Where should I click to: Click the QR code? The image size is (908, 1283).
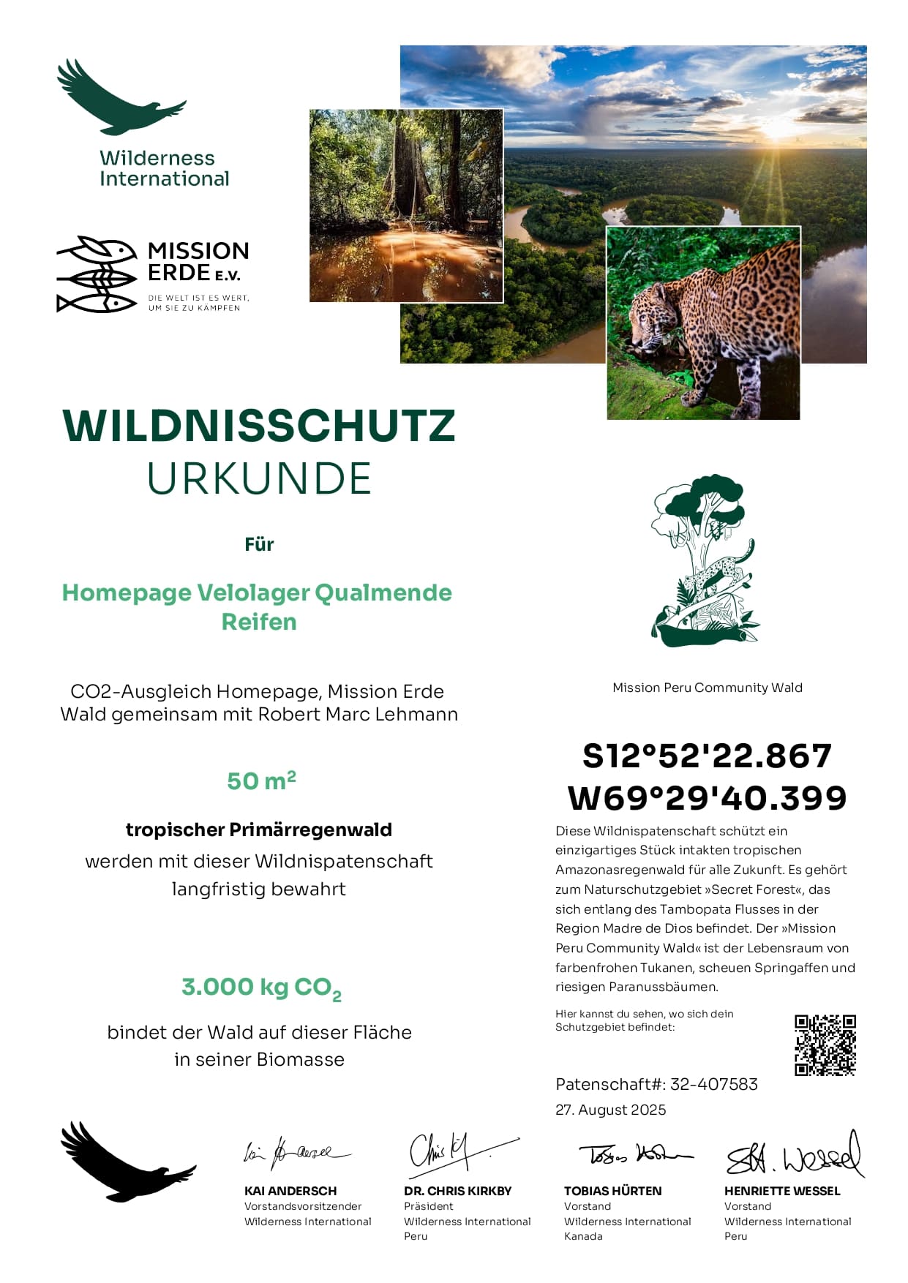pyautogui.click(x=825, y=1045)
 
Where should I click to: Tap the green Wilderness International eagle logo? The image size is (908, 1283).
pyautogui.click(x=121, y=99)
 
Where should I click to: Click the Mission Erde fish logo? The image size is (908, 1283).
pyautogui.click(x=97, y=274)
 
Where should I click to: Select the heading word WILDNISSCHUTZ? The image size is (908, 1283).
pyautogui.click(x=259, y=426)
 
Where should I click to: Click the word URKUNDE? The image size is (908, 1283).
pyautogui.click(x=259, y=478)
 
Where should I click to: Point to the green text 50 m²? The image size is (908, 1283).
pyautogui.click(x=261, y=780)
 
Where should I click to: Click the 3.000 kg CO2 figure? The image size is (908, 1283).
pyautogui.click(x=261, y=987)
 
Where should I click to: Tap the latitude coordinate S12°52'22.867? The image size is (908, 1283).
pyautogui.click(x=707, y=756)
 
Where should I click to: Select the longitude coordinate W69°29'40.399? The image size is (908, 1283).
pyautogui.click(x=707, y=797)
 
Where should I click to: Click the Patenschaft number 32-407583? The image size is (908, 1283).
pyautogui.click(x=713, y=1084)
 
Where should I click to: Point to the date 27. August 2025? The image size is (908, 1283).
pyautogui.click(x=610, y=1110)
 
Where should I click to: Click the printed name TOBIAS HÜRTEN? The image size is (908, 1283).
pyautogui.click(x=612, y=1191)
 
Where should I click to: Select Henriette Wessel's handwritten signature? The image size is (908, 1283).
pyautogui.click(x=794, y=1156)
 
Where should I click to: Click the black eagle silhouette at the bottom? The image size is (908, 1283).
pyautogui.click(x=124, y=1163)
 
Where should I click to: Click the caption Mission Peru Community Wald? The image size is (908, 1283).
pyautogui.click(x=707, y=688)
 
